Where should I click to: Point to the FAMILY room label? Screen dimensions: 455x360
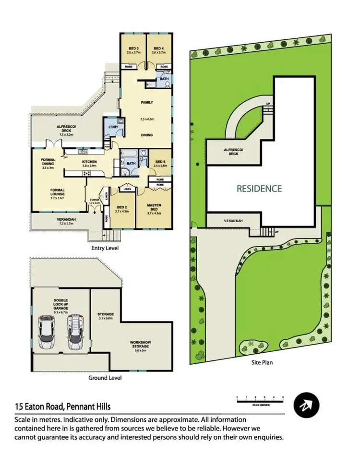146,103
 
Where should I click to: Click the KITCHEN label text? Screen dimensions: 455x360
89,162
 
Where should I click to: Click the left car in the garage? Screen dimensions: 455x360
48,332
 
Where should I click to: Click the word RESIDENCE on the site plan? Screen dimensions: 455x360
259,189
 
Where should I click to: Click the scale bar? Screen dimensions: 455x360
260,398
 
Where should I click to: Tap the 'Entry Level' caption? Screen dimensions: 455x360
104,248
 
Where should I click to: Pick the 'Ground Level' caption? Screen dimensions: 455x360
105,378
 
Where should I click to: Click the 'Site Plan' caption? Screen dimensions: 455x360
263,362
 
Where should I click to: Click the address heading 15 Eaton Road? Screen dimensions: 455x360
62,407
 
